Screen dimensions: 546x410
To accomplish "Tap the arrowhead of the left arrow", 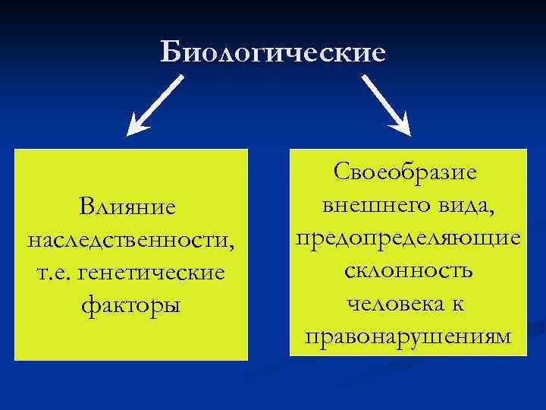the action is [x=136, y=126].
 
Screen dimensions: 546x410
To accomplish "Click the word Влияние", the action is [x=131, y=207].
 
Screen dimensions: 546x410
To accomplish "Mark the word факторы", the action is [x=131, y=306].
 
